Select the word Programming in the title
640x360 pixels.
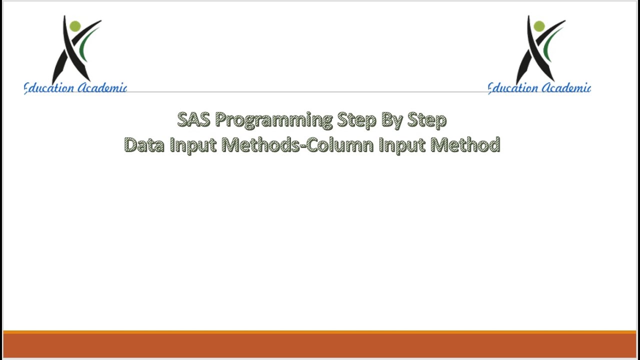point(273,120)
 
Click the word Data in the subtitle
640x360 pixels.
point(144,145)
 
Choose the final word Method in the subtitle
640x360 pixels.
point(465,145)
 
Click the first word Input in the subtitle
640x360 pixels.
point(192,145)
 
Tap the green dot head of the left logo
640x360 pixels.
point(75,26)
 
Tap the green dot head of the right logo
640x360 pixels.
point(539,26)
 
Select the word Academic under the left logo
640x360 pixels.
point(102,88)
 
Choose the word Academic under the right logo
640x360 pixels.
point(566,88)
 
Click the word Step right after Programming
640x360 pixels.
point(356,120)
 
